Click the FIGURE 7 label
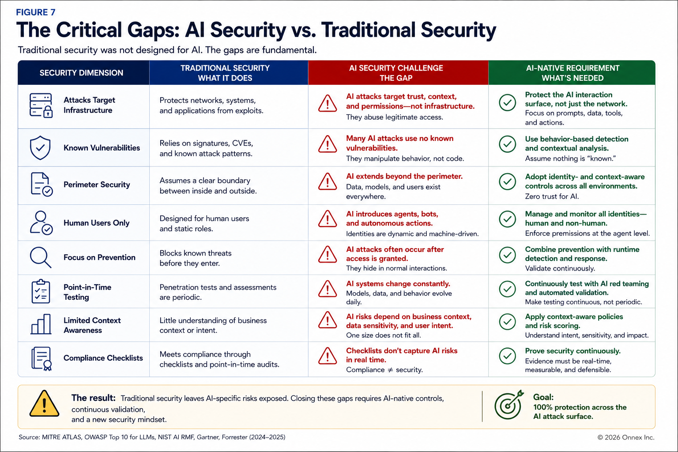pos(36,12)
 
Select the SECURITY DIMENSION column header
pos(81,73)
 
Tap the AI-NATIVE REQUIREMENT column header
pos(573,73)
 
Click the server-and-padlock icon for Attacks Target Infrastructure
pos(41,105)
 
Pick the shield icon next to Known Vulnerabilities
pos(40,147)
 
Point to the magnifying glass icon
pos(40,257)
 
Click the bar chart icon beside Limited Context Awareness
pos(41,324)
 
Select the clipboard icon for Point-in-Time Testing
pos(41,291)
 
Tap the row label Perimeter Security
pos(97,185)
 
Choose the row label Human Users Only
pos(97,223)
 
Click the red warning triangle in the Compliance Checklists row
pos(328,356)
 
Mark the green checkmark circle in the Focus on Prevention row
pos(508,255)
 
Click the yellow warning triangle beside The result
pos(44,403)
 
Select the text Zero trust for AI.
pos(552,196)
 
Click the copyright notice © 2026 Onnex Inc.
pos(626,437)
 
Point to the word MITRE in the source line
pos(51,437)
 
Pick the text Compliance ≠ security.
pos(384,369)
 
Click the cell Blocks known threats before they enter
pos(196,258)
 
